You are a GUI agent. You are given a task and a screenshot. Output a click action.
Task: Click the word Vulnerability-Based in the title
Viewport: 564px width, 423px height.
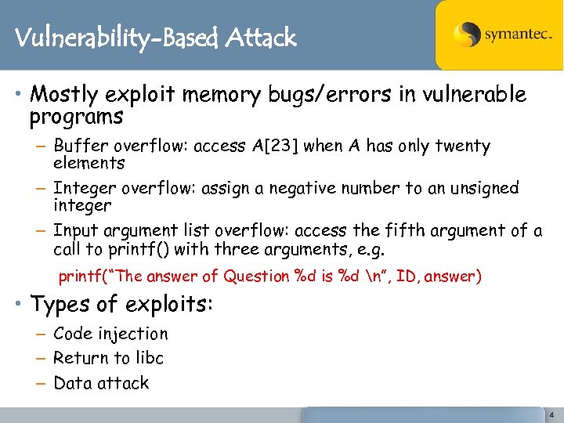pyautogui.click(x=117, y=38)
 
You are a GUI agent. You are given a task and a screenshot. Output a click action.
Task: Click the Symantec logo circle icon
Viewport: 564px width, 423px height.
pyautogui.click(x=468, y=35)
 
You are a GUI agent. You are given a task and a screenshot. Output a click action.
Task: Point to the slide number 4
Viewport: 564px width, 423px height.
pyautogui.click(x=551, y=414)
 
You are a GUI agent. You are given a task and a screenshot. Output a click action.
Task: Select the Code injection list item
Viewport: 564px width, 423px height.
pyautogui.click(x=110, y=334)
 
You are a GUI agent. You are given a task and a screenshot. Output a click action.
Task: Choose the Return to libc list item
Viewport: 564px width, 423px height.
pyautogui.click(x=108, y=358)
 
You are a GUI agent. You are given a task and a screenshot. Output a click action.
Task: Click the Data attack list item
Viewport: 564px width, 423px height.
pyautogui.click(x=101, y=383)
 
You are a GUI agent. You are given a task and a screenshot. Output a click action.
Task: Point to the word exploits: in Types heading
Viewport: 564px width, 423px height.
pyautogui.click(x=172, y=303)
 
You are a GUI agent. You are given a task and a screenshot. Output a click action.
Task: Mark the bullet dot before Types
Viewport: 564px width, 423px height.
pyautogui.click(x=19, y=303)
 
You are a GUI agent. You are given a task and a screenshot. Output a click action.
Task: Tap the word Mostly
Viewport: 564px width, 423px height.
pyautogui.click(x=63, y=96)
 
